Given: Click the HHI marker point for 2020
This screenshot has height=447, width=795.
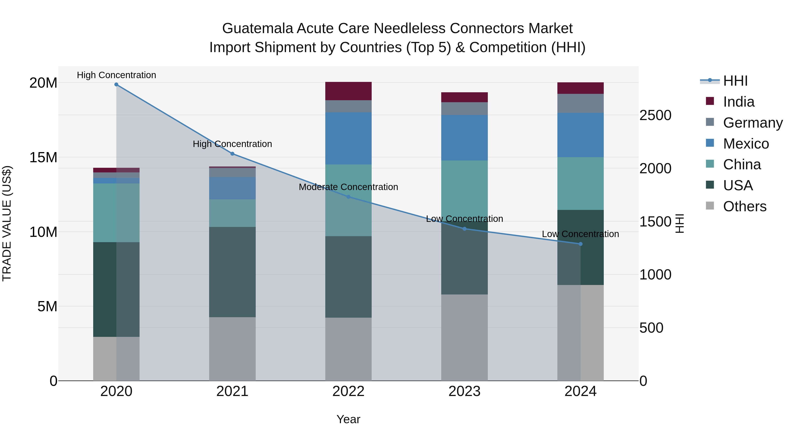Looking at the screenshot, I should pos(116,85).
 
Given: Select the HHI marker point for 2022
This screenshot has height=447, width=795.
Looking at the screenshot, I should pos(348,196).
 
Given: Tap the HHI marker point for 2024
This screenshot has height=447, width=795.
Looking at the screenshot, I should pos(581,244).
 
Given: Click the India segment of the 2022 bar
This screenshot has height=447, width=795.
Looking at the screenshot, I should pos(348,91).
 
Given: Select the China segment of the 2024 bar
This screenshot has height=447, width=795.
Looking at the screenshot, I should pos(581,184).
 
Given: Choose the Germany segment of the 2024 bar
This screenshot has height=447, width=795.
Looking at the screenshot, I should pos(581,103).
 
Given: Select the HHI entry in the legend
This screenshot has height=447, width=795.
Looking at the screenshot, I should pos(735,81).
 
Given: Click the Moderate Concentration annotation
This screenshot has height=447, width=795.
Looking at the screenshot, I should pos(348,187).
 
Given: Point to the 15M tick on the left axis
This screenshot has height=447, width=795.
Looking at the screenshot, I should pos(44,157).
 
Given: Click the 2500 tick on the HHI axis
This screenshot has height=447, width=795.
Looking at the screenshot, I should pos(655,115).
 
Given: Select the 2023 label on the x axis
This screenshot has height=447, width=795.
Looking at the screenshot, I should pos(464,391).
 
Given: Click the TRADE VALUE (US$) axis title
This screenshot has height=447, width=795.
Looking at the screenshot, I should pos(7,223).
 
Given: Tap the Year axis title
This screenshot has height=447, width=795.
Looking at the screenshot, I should pos(348,419).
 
